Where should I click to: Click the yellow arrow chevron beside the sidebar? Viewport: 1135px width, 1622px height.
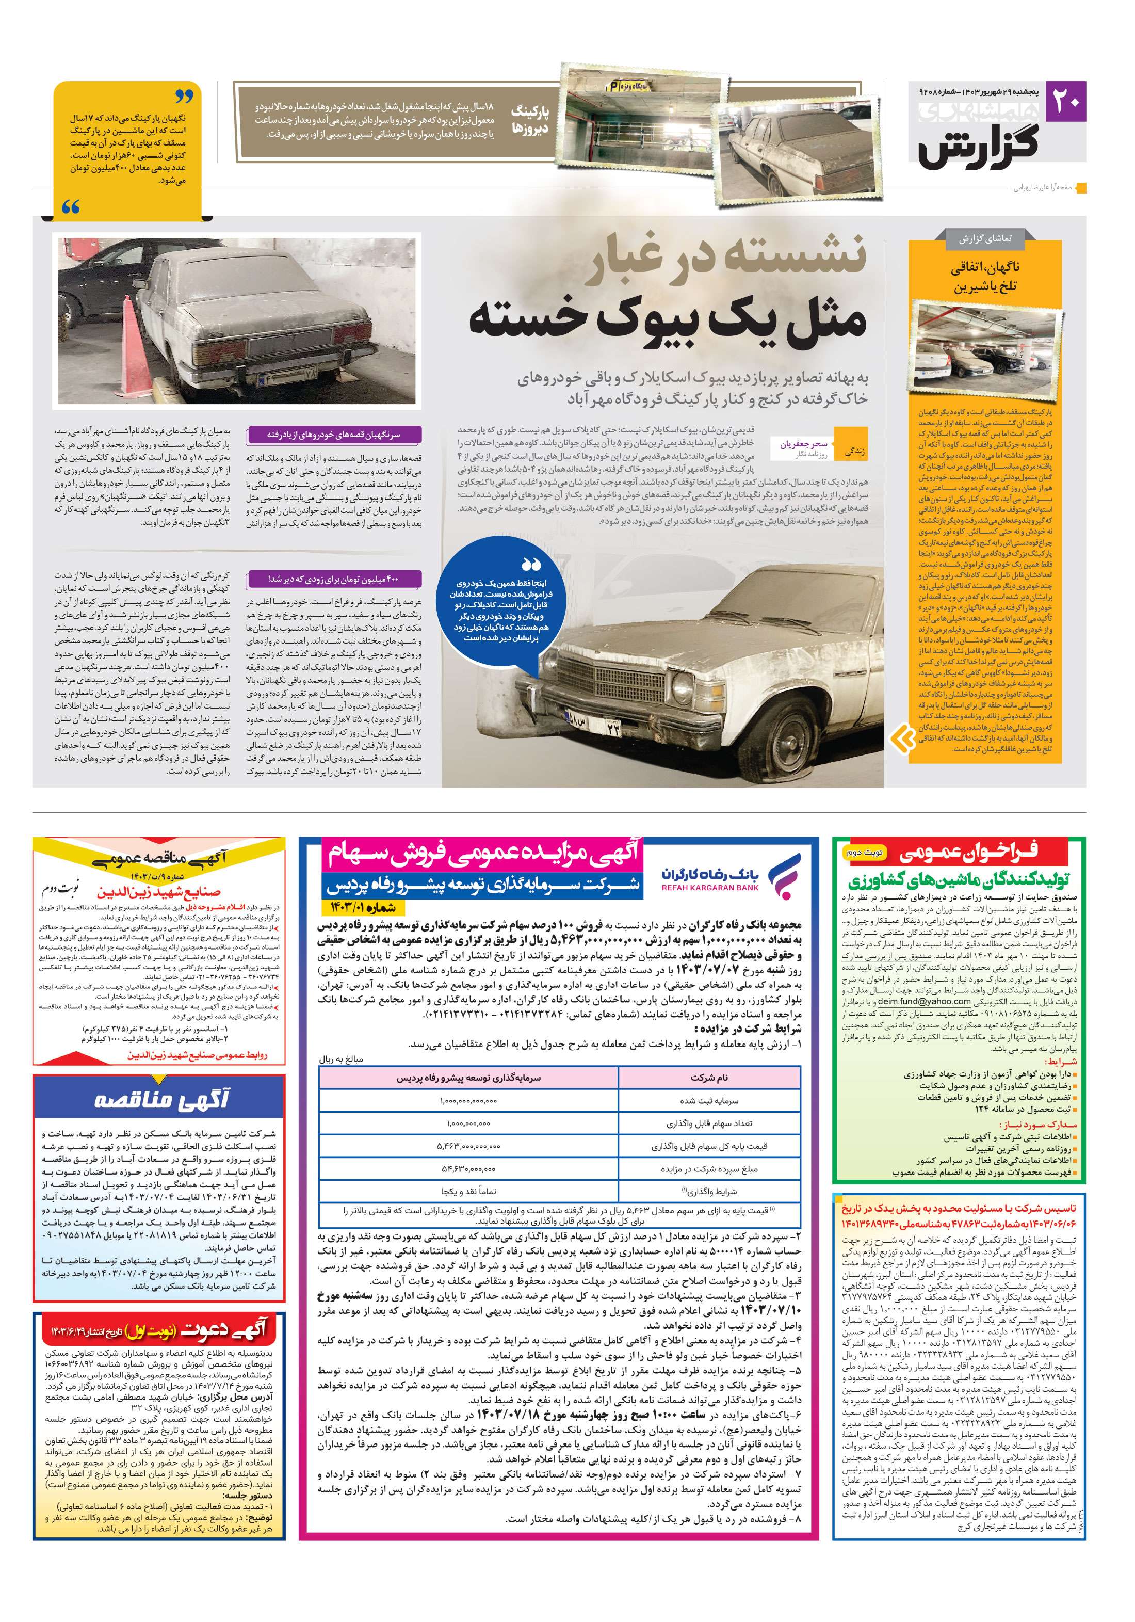[x=902, y=739]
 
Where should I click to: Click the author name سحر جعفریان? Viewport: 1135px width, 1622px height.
[x=803, y=444]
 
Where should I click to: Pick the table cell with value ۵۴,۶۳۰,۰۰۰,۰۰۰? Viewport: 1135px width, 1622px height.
[x=468, y=1168]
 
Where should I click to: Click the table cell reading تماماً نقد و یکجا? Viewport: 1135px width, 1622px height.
[x=468, y=1191]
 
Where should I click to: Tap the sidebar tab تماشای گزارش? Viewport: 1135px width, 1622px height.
[x=984, y=239]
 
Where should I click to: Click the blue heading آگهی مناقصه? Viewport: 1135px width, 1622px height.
[x=161, y=1099]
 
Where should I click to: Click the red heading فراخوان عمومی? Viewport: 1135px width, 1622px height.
[x=968, y=854]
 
